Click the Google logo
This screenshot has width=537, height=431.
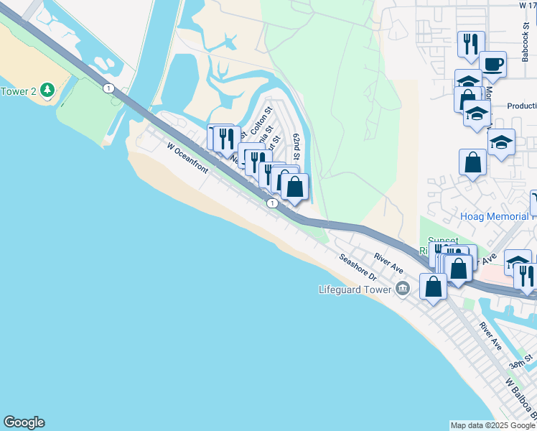[24, 422]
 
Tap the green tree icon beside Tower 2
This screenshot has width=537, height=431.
[47, 90]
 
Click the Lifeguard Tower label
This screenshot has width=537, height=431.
[355, 289]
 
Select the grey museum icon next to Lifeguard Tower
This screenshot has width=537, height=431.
[402, 289]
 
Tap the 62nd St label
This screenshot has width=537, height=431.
[296, 147]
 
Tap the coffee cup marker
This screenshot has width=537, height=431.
[492, 64]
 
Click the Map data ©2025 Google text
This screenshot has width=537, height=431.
[492, 425]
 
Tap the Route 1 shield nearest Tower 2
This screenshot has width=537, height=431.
[108, 88]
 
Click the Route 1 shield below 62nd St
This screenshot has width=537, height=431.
[272, 204]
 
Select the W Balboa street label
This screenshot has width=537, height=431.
[520, 399]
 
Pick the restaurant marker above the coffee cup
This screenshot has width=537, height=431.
[471, 44]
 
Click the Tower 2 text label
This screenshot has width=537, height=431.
[19, 91]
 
